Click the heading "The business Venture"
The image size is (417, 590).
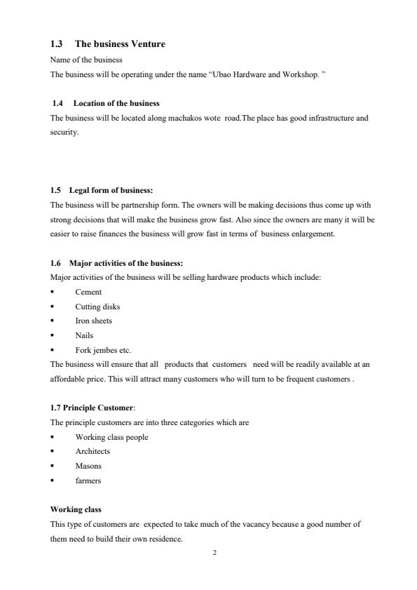[120, 44]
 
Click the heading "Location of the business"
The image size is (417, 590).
[116, 104]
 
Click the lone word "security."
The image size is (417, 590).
[64, 131]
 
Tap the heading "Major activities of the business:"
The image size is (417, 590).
[126, 263]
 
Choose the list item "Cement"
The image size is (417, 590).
[88, 292]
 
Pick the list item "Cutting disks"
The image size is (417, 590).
[97, 307]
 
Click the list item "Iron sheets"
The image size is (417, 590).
[94, 321]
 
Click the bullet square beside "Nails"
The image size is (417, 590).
[53, 335]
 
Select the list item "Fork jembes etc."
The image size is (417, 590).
[103, 349]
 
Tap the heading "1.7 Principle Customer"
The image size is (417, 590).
[91, 408]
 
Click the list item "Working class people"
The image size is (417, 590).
[111, 437]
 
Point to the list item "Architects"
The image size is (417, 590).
[93, 451]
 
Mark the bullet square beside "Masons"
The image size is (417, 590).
[53, 466]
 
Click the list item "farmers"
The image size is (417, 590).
[88, 481]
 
